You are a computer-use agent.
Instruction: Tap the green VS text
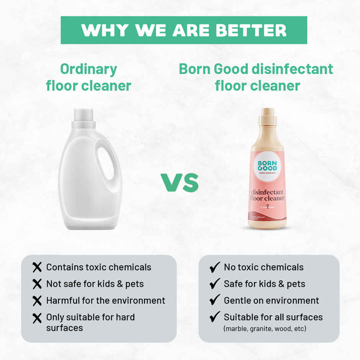(x=180, y=183)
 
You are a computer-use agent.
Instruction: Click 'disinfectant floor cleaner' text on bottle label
(x=267, y=195)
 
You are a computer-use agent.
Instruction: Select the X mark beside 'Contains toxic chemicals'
(x=37, y=267)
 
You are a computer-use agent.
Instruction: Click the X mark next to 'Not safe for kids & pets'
(x=37, y=284)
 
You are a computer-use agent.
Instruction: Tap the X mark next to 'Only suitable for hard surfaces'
(x=37, y=318)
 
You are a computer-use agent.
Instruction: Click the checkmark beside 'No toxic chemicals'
(x=215, y=267)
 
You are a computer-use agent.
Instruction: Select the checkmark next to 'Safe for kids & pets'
(x=215, y=284)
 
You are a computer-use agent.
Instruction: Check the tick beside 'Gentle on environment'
(x=215, y=300)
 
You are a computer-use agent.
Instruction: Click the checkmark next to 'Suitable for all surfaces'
(x=215, y=317)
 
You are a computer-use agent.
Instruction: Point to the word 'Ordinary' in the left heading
(x=88, y=69)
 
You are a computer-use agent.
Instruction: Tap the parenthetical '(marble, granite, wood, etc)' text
(x=265, y=329)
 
